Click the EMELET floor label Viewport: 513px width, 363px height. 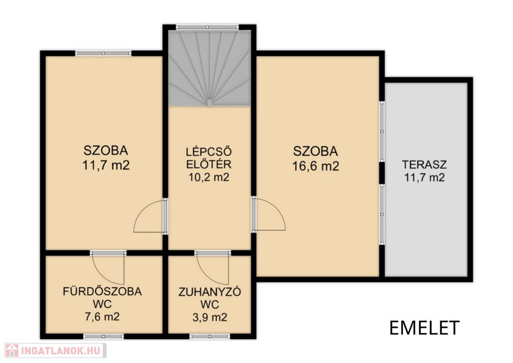tap(424, 327)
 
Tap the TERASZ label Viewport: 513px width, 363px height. tap(424, 164)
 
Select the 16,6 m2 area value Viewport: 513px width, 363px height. tap(316, 166)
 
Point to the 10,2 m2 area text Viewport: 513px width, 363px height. tap(209, 177)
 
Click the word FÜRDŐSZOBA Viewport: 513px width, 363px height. tap(102, 291)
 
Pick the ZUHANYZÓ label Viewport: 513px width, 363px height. tap(210, 292)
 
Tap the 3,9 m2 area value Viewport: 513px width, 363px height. tap(210, 317)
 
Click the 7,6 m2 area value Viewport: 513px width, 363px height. tap(102, 316)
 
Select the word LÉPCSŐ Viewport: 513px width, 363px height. tap(209, 151)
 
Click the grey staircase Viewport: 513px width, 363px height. tap(209, 68)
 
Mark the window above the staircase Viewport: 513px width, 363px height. tap(207, 27)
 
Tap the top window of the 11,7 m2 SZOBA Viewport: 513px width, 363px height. tap(103, 53)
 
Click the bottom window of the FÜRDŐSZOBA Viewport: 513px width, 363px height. tap(103, 336)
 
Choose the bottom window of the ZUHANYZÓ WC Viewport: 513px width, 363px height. tap(209, 336)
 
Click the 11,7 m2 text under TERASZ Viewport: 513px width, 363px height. tap(424, 177)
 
